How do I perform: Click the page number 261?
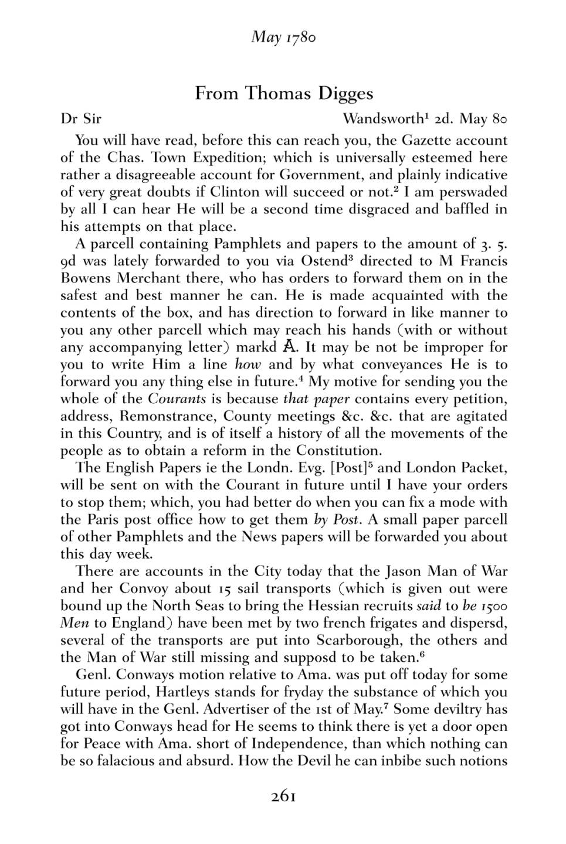[x=283, y=797]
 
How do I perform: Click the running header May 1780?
[x=283, y=38]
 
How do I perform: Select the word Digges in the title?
[x=345, y=93]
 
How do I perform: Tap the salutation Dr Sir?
[x=81, y=119]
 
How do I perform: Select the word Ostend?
[x=322, y=261]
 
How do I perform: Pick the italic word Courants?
[x=177, y=399]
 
